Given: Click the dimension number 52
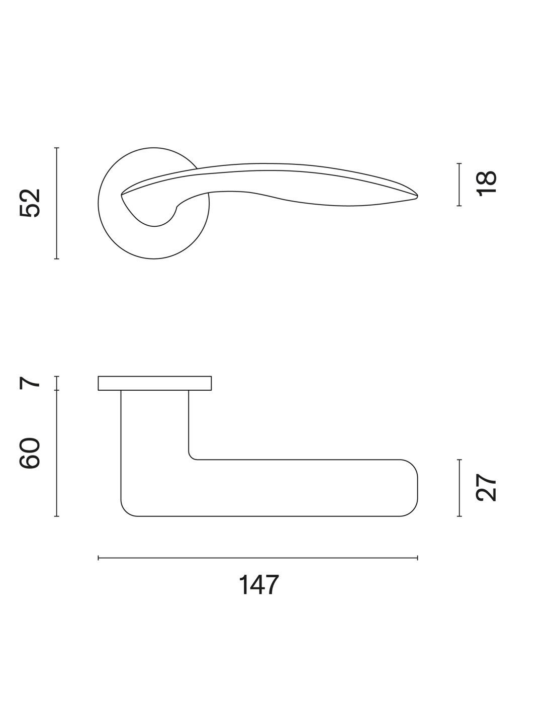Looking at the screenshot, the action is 30,203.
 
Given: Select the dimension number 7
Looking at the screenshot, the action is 30,383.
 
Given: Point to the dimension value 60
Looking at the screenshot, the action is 30,453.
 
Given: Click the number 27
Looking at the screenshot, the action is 486,487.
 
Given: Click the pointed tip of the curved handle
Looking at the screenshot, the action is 417,197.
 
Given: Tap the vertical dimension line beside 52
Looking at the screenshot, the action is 57,203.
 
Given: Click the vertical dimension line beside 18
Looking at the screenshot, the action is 459,185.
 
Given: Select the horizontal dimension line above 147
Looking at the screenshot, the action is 257,558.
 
